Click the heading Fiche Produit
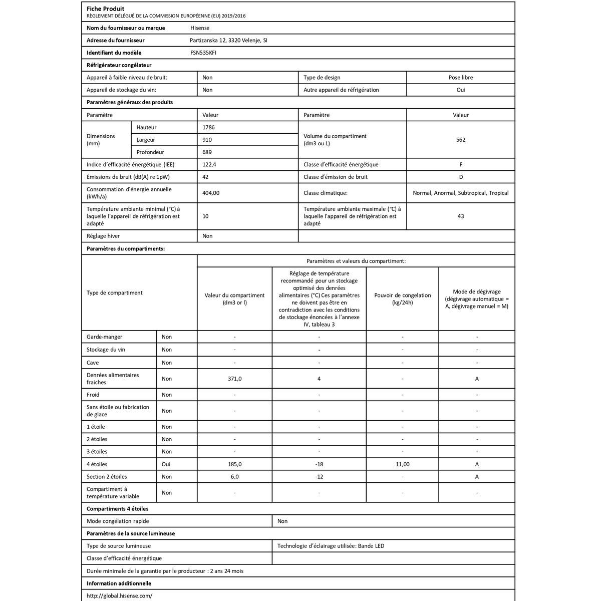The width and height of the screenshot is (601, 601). coord(106,9)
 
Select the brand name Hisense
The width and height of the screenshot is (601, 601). coord(200,28)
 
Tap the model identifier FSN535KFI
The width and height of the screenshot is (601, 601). coord(203,53)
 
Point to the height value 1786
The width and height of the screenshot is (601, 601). coord(208,128)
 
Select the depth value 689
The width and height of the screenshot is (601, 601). coord(207,152)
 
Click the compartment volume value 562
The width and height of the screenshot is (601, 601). coord(461,140)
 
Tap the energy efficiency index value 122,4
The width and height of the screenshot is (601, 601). coord(209,165)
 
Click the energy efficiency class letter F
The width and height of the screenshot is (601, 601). coord(461,165)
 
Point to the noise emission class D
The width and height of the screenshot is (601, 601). coord(461,177)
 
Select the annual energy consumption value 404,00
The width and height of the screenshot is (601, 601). coord(211,193)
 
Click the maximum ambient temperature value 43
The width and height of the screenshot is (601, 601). coord(461,216)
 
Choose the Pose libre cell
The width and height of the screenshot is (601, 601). coord(461,78)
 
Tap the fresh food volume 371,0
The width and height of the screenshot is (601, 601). coord(235,379)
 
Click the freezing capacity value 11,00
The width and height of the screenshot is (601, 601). coord(403,465)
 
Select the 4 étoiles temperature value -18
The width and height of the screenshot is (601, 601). coord(319,465)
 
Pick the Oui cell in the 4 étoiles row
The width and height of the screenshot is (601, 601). coord(166,465)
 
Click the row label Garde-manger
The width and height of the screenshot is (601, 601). coord(104,337)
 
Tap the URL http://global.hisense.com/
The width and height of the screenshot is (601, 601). coord(119,596)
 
